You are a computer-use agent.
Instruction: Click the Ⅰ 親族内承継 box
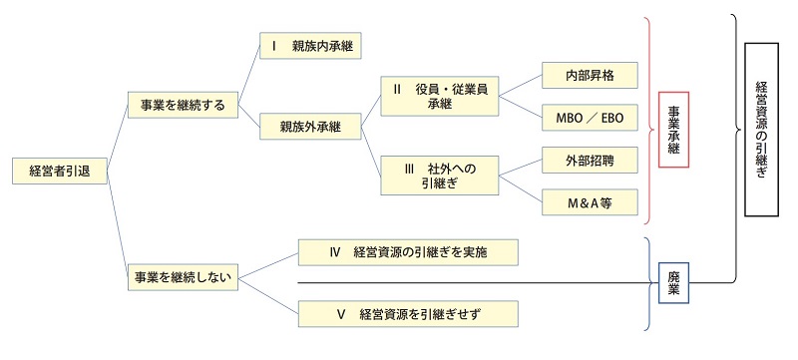(x=310, y=46)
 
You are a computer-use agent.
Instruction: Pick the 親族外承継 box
(x=310, y=127)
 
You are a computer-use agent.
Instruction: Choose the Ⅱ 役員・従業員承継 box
(x=440, y=96)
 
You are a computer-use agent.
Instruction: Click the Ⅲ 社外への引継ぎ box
(x=440, y=176)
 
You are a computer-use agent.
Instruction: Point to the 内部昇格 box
(x=588, y=76)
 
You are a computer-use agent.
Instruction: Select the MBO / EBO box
(x=588, y=117)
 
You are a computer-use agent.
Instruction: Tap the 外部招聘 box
(x=588, y=160)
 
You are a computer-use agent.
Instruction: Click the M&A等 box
(x=588, y=201)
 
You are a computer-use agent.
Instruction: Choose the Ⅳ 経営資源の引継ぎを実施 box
(x=410, y=252)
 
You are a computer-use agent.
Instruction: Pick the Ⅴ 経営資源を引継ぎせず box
(x=410, y=314)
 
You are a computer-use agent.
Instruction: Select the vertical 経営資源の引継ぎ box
(x=762, y=131)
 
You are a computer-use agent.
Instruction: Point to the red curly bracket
(x=648, y=120)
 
